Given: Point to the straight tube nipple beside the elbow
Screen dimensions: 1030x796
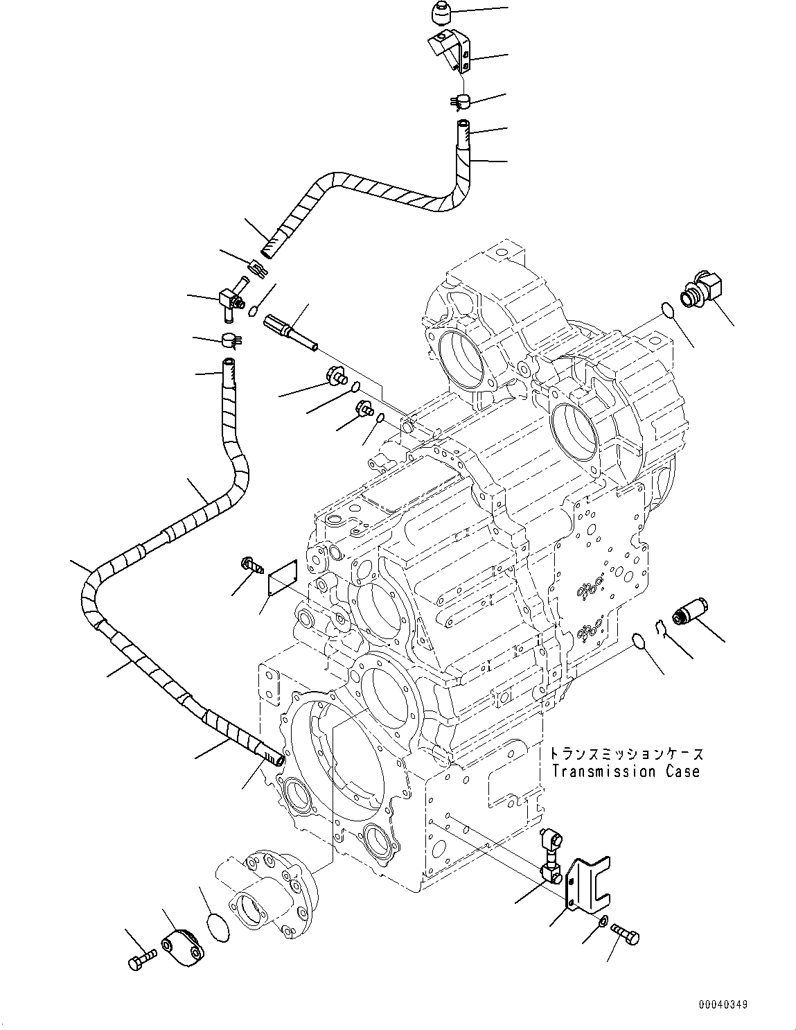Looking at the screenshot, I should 290,334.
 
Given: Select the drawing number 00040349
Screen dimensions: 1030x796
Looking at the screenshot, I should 722,1004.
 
